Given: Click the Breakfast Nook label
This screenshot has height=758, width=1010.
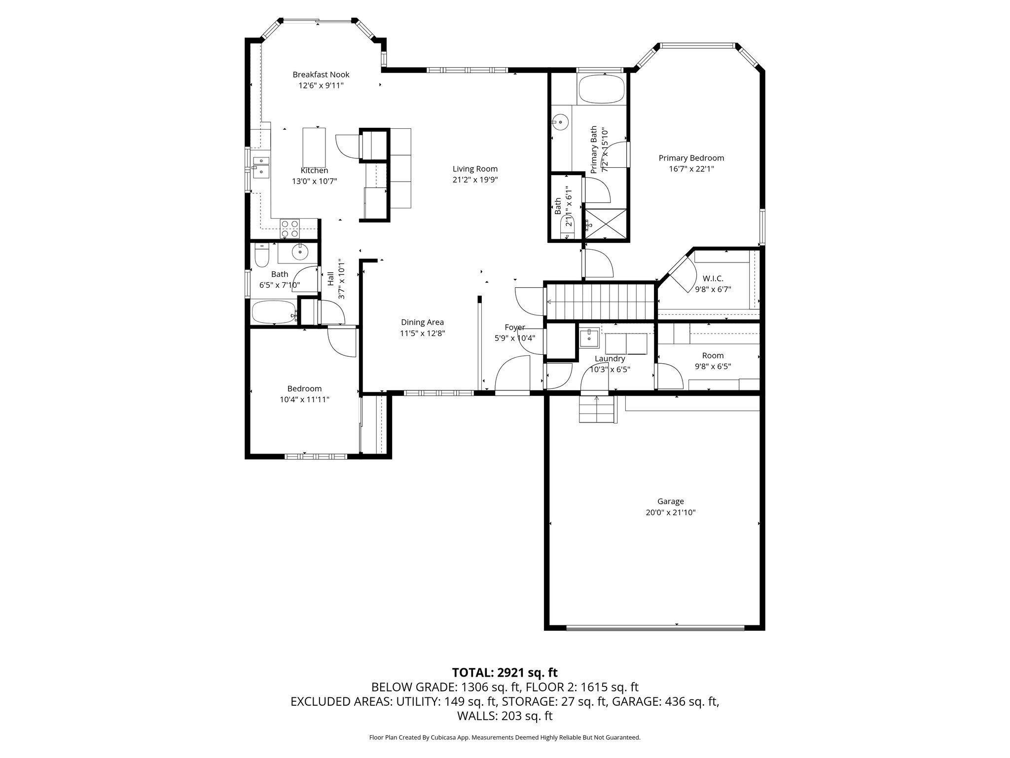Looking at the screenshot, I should click(x=321, y=75).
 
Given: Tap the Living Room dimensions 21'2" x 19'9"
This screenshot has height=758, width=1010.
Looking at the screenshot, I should click(x=475, y=180).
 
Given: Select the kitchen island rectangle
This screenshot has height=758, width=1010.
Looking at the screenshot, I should click(x=314, y=143).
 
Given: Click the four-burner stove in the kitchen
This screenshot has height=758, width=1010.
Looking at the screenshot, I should click(x=289, y=228).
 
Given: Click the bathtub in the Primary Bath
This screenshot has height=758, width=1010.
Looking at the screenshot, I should click(x=601, y=89).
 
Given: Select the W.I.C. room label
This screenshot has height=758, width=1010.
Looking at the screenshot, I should click(x=713, y=279).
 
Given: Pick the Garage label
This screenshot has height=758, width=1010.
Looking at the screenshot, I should click(x=670, y=501).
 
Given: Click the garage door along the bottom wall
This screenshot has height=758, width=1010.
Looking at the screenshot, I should click(x=655, y=628).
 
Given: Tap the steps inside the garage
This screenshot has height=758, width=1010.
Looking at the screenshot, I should click(x=597, y=410).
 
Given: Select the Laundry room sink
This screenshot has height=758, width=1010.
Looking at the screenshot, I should click(x=588, y=338).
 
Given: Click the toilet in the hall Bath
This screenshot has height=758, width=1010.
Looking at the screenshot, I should click(x=261, y=255).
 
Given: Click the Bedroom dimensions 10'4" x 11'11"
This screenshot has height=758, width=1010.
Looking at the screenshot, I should click(x=304, y=399).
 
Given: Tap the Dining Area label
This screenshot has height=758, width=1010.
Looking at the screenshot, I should click(x=422, y=322).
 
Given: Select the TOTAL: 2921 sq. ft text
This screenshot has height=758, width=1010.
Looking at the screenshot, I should click(x=505, y=672).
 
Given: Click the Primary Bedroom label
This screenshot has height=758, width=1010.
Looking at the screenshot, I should click(x=691, y=158).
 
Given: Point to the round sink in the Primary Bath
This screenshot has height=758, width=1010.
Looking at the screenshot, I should click(x=560, y=121).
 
